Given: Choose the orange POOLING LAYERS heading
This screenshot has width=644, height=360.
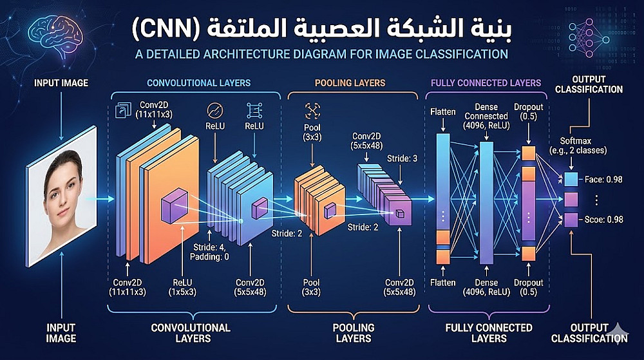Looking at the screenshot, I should coord(350,83).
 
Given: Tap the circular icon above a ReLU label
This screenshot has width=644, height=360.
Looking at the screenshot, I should coord(214,109).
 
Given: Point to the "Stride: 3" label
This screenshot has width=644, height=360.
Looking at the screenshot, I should coord(401,158).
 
